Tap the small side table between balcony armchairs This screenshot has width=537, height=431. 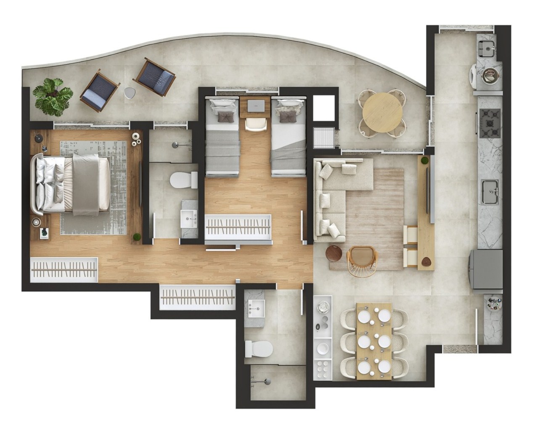click(x=130, y=93)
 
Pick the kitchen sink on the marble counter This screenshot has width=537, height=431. click(x=490, y=192)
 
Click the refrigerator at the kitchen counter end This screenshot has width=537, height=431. click(x=487, y=269)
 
